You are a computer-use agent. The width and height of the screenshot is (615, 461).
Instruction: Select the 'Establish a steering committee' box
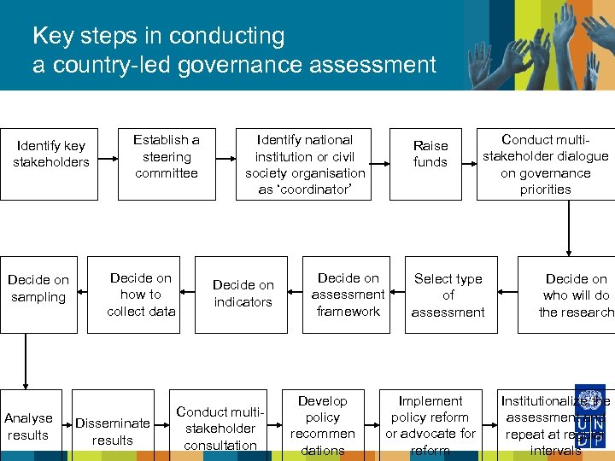(x=167, y=156)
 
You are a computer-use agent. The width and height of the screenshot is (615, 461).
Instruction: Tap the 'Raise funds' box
(x=430, y=155)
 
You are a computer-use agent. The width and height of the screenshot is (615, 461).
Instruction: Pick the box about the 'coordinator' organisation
(x=305, y=164)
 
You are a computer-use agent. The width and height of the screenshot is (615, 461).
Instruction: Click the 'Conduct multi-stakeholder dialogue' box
(x=545, y=164)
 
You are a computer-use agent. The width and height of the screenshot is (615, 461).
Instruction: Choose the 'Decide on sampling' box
(x=38, y=289)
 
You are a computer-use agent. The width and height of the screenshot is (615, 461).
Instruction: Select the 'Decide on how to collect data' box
(x=141, y=295)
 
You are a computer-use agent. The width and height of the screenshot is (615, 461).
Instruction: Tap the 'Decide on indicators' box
(x=243, y=294)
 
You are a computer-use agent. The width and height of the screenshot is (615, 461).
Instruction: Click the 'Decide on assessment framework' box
(x=348, y=295)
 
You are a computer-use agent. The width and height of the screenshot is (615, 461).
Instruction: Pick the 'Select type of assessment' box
(x=448, y=295)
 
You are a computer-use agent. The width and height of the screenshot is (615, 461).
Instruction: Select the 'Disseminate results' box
(x=113, y=431)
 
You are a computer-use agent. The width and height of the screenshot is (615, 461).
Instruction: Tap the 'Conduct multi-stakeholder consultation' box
(x=220, y=428)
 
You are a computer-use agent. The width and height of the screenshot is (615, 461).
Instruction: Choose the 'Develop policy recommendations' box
(x=322, y=425)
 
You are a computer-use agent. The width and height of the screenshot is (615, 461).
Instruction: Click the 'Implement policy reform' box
(x=430, y=425)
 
